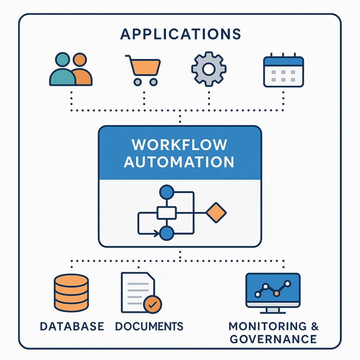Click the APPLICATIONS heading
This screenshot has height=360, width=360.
[x=180, y=34]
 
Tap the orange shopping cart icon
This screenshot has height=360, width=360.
[x=143, y=70]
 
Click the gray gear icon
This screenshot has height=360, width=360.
[x=209, y=69]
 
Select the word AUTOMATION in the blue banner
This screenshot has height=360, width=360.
[x=180, y=162]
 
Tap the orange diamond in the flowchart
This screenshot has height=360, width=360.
[x=216, y=213]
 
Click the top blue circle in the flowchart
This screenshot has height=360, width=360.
[x=166, y=192]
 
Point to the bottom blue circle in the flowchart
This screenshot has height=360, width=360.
[x=166, y=233]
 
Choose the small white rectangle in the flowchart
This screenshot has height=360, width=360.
[x=166, y=213]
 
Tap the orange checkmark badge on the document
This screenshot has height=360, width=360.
[x=152, y=304]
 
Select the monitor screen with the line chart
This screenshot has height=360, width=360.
[x=273, y=290]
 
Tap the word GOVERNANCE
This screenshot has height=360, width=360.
[x=272, y=339]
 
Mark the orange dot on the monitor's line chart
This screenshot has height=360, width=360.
[x=277, y=293]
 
